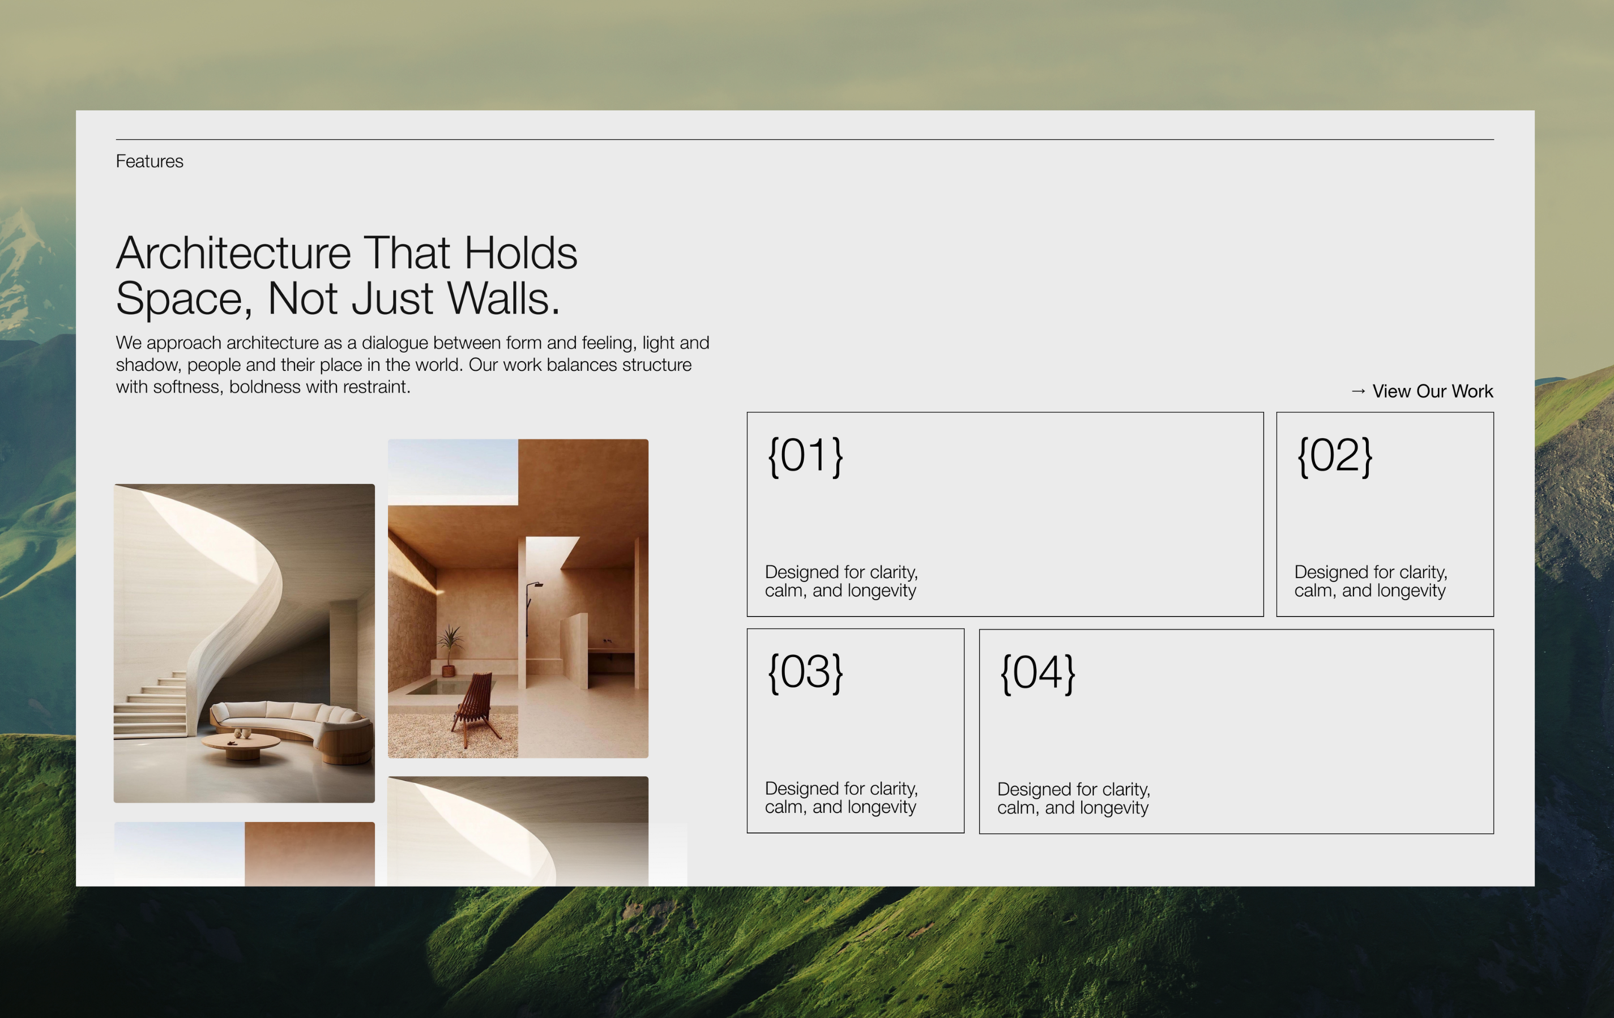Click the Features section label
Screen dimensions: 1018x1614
coord(149,161)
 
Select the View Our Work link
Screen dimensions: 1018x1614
coord(1432,391)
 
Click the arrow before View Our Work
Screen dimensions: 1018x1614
coord(1358,391)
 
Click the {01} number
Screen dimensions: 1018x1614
coord(805,456)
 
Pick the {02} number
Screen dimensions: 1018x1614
coord(1334,456)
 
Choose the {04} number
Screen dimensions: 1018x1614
coord(1037,674)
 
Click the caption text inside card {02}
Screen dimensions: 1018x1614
coord(1370,581)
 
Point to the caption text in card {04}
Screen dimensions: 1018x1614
coord(1073,798)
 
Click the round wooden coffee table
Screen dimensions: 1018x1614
coord(241,744)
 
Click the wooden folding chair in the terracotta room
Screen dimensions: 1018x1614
coord(475,707)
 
